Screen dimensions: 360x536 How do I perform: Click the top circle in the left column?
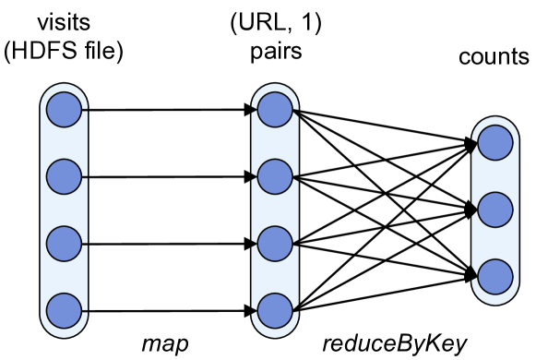64,110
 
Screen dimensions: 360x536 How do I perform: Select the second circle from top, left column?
64,176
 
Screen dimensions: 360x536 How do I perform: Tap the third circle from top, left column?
64,244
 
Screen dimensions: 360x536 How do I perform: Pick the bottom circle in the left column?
64,311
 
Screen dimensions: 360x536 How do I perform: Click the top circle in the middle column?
275,110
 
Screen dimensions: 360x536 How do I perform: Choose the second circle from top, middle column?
275,176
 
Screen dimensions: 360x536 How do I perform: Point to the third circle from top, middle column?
275,244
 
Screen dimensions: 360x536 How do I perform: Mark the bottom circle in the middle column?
275,311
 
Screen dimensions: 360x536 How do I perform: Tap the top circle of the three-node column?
495,143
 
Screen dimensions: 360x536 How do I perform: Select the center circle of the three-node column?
495,210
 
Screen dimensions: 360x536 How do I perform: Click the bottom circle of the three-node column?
495,277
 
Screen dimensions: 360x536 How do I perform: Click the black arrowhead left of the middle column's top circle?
254,110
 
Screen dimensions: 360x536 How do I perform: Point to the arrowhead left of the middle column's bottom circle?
254,311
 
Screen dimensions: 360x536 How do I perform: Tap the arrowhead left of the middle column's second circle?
254,176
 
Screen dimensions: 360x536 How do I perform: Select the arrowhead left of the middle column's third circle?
254,244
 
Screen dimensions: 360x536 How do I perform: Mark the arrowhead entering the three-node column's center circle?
474,210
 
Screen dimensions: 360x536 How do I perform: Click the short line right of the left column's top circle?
85,110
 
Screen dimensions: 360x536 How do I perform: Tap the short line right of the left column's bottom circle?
85,311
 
